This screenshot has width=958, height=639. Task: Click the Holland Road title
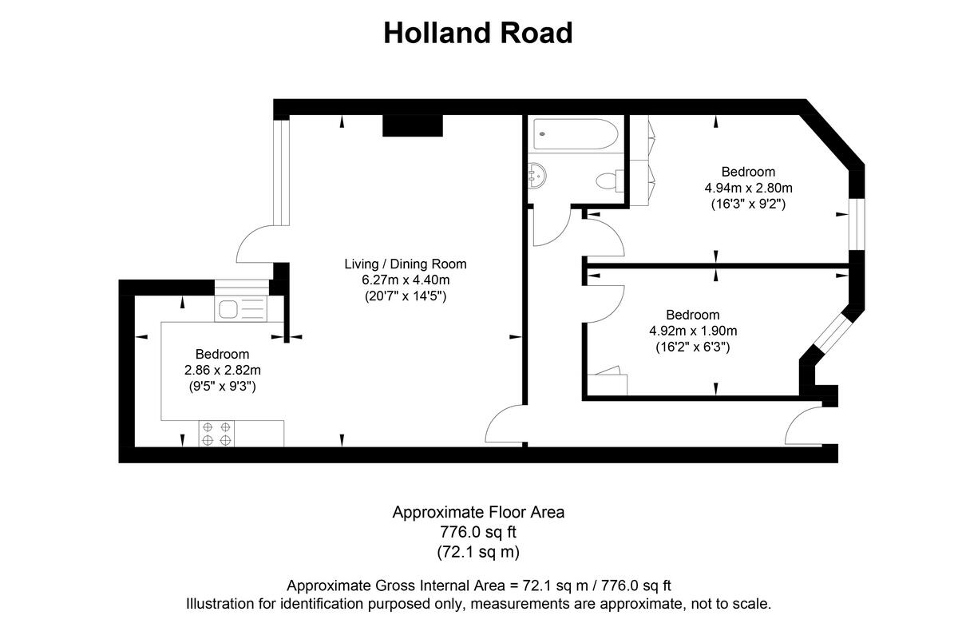pos(477,33)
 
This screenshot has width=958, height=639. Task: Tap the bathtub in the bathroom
pos(576,133)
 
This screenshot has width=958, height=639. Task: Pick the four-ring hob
pos(217,433)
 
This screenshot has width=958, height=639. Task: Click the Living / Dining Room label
pos(405,264)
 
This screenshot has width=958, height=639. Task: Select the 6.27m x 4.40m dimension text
pos(405,280)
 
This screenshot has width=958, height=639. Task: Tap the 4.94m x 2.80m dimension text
pos(748,188)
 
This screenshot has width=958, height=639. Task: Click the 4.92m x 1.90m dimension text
pos(692,331)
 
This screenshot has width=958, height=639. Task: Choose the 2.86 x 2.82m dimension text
pos(223,370)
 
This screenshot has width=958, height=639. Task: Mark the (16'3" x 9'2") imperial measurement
pos(748,204)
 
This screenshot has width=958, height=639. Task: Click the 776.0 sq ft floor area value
pos(478,531)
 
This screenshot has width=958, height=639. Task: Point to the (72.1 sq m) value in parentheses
pos(478,551)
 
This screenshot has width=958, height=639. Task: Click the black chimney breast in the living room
pos(412,125)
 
